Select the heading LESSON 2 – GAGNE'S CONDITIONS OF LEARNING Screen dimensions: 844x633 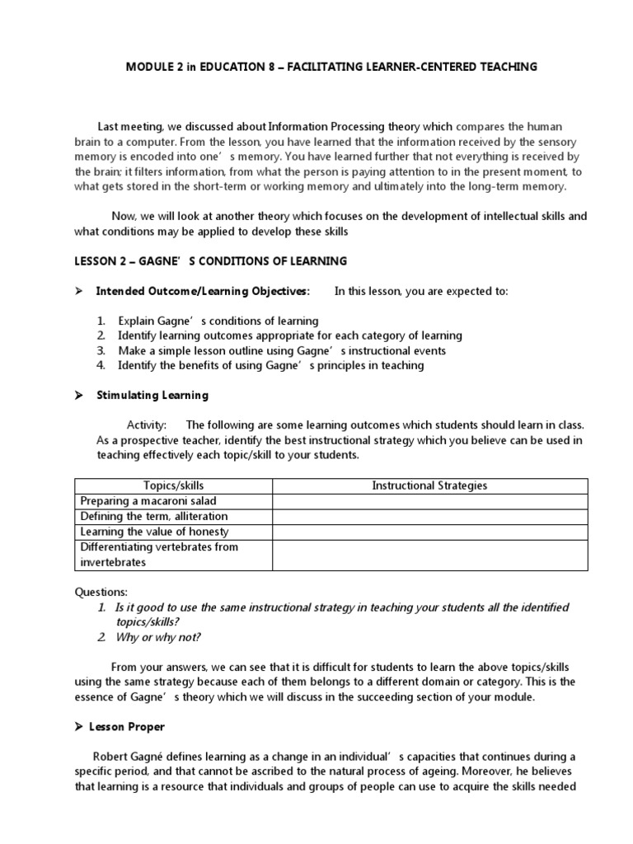210,261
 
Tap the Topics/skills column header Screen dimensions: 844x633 173,485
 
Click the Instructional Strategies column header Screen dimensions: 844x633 429,485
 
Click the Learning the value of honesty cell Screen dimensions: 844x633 154,532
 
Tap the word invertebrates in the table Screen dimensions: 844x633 112,562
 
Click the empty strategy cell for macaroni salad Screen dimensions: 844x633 429,501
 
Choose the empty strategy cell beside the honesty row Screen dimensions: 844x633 429,532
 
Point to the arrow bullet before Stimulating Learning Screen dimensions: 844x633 80,396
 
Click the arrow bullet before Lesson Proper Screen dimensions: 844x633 80,727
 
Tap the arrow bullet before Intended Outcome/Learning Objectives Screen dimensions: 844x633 80,291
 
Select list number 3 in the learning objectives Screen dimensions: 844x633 101,350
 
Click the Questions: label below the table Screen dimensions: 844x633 101,592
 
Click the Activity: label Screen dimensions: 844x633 147,425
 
